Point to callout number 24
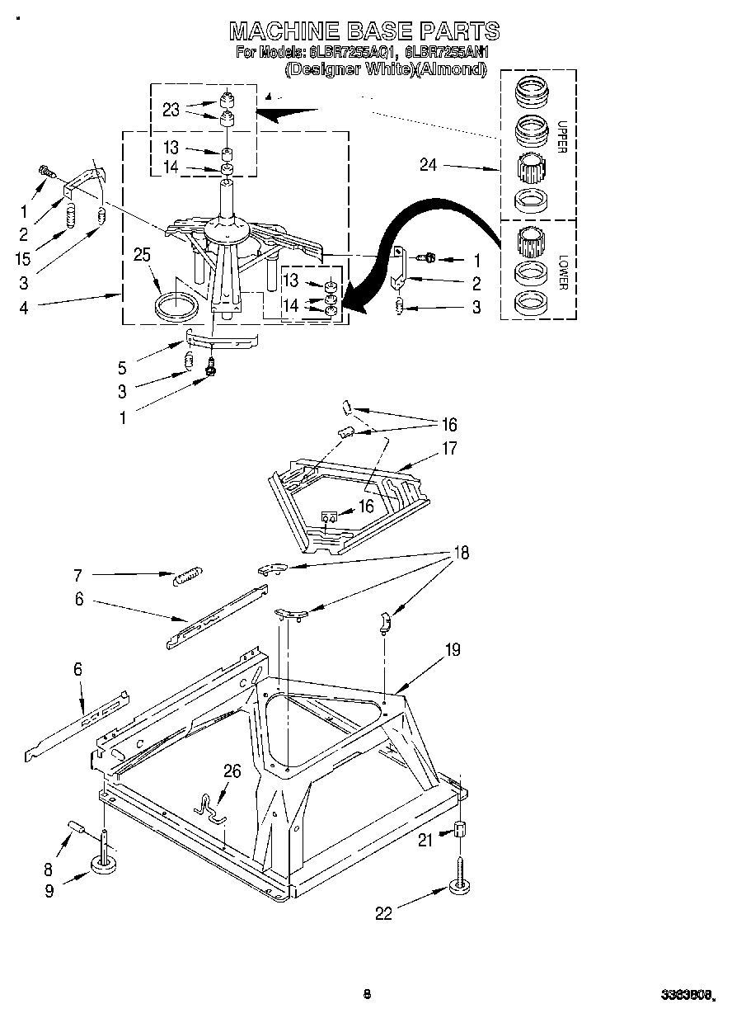(x=428, y=165)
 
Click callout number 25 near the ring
(x=143, y=255)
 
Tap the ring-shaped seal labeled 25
(x=177, y=305)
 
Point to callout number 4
(x=24, y=309)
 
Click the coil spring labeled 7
(x=187, y=576)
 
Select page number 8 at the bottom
(x=367, y=995)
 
